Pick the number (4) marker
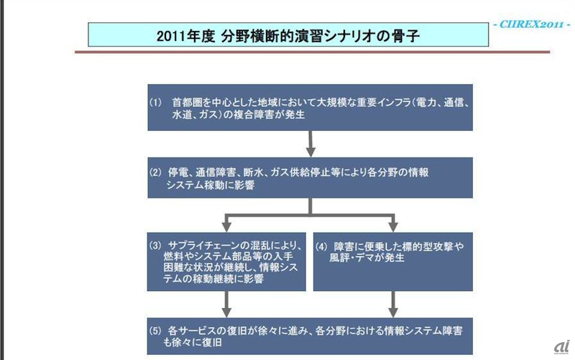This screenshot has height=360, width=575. pos(324,244)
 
